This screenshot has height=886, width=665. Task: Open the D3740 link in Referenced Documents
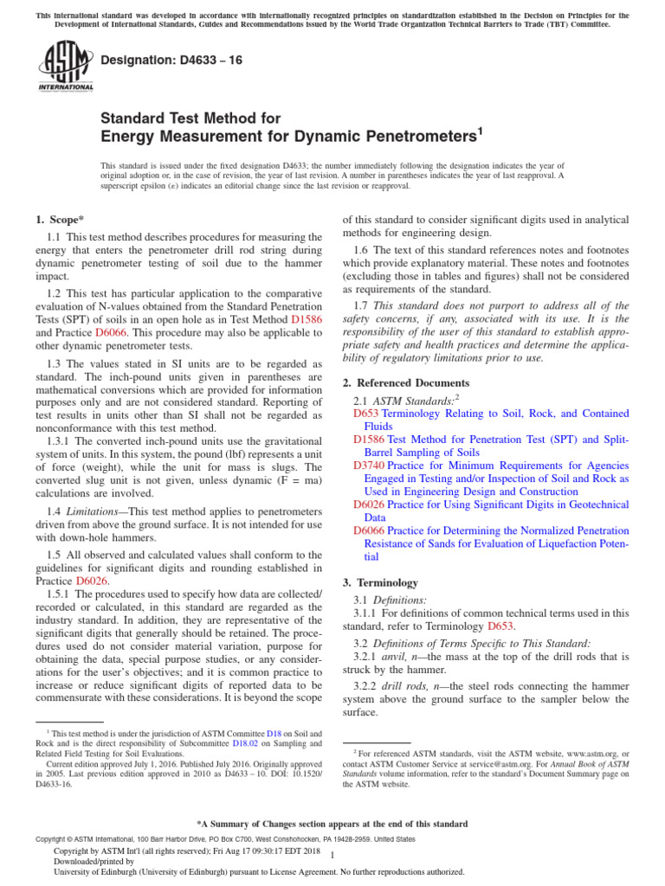[x=368, y=465]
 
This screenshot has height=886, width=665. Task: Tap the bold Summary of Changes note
[x=332, y=824]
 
